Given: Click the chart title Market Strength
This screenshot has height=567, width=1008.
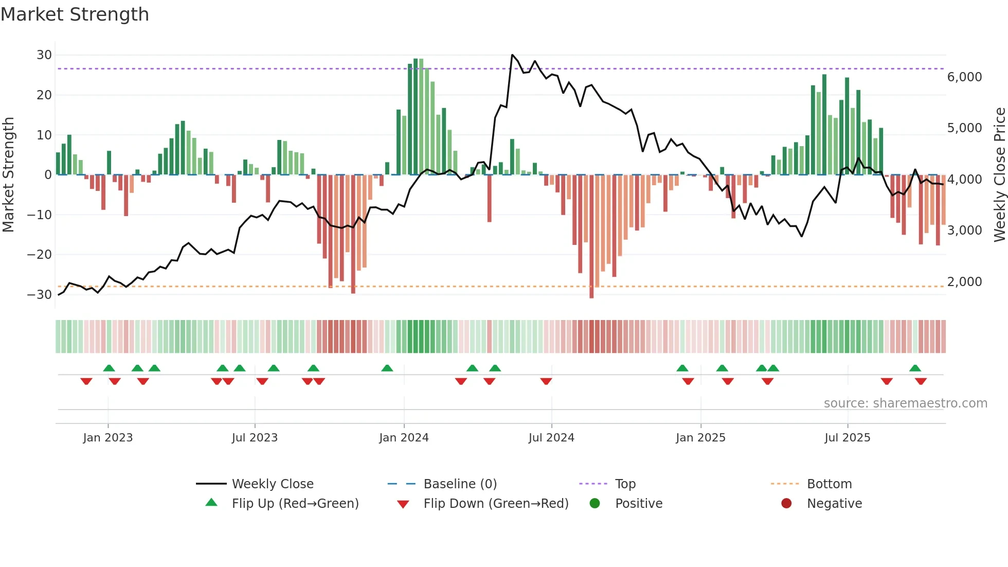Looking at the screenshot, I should tap(75, 14).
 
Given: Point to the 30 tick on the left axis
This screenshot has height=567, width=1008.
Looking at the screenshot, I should tap(44, 55).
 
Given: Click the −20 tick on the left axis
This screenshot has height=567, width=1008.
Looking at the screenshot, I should tap(40, 255).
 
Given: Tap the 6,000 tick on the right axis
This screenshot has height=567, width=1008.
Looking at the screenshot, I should tap(964, 77).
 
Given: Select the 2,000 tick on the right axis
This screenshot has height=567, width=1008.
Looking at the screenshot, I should tap(964, 282).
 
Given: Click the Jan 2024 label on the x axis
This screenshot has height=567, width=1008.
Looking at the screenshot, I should tap(404, 438).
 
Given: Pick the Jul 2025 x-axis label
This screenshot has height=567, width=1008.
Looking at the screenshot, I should tap(847, 438).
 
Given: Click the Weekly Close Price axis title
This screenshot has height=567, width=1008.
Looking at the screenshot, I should tap(999, 175).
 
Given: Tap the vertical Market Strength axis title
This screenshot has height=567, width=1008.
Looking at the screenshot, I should tap(8, 175).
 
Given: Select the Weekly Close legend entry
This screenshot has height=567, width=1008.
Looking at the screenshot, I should tap(272, 484).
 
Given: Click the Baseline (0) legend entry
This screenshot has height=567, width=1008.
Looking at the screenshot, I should tap(460, 484).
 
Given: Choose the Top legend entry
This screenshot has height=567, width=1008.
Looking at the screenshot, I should tap(625, 484).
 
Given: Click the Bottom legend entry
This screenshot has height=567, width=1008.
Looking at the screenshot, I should tap(829, 484).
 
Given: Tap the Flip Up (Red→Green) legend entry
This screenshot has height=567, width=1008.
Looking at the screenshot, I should tap(295, 504).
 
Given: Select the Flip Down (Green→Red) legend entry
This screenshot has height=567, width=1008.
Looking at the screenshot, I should tap(496, 504).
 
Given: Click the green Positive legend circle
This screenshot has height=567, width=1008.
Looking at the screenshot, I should tap(595, 504).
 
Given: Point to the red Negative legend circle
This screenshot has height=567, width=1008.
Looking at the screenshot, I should tap(786, 504).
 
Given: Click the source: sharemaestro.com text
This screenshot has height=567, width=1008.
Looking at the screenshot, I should tap(905, 403).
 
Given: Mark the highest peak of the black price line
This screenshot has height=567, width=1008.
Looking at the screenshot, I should tap(512, 55).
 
